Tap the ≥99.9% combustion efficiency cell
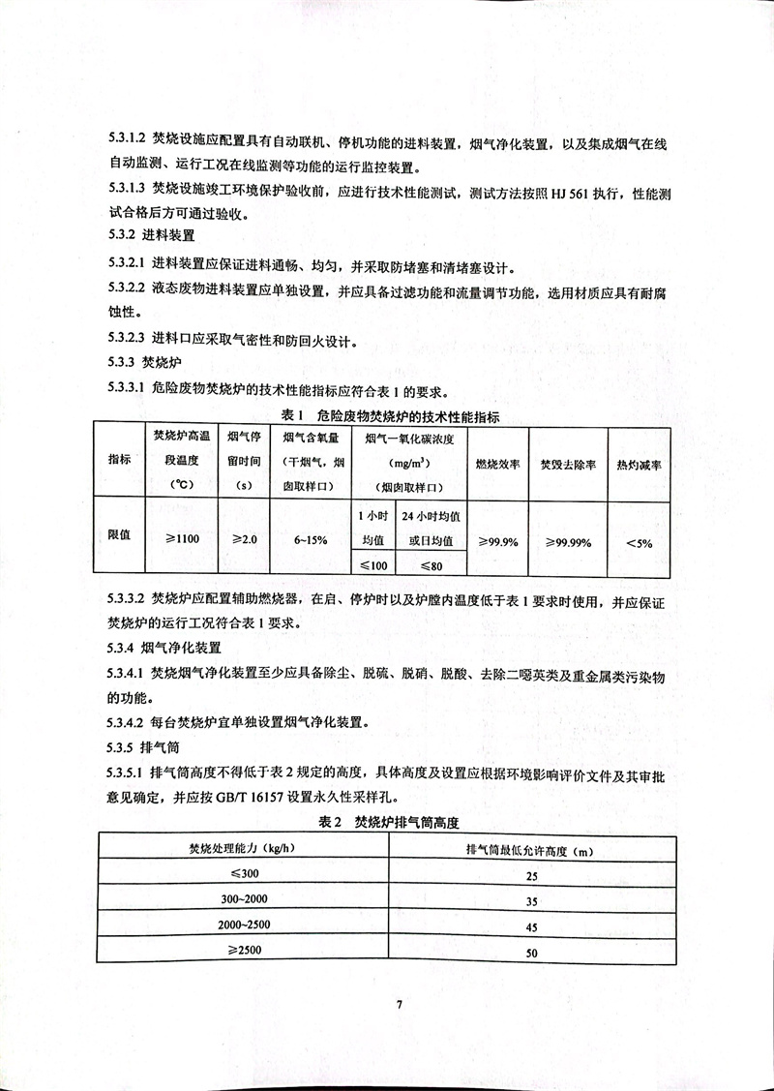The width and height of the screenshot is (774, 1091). (497, 541)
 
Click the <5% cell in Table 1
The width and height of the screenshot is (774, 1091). (639, 543)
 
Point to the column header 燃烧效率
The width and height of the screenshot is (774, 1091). (499, 465)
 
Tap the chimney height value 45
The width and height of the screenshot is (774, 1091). (530, 926)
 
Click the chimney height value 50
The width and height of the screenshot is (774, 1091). (530, 953)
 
